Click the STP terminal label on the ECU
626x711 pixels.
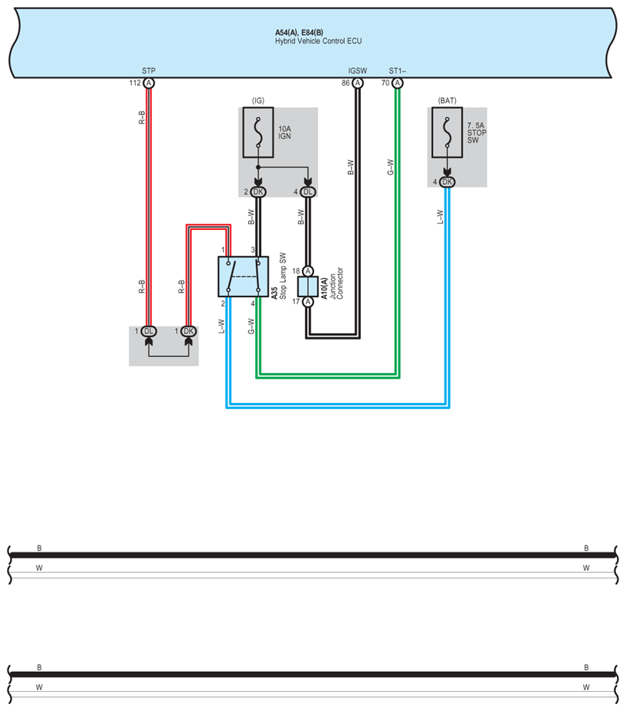(x=149, y=70)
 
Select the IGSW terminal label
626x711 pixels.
(x=357, y=70)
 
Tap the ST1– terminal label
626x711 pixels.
(x=397, y=70)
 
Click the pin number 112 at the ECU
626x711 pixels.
(x=135, y=83)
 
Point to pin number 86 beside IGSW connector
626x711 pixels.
(x=346, y=83)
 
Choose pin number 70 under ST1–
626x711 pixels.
(x=386, y=83)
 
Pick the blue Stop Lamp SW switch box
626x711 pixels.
(x=244, y=276)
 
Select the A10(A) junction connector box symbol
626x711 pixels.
(x=308, y=287)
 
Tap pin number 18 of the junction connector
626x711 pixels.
(x=297, y=271)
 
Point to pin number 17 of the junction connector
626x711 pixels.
(x=297, y=302)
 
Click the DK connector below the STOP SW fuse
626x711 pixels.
(x=447, y=182)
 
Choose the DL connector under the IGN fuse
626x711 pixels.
(x=308, y=192)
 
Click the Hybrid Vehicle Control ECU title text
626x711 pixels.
(x=318, y=41)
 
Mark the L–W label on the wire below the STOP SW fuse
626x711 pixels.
(x=440, y=217)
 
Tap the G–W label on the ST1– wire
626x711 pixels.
(x=390, y=167)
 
